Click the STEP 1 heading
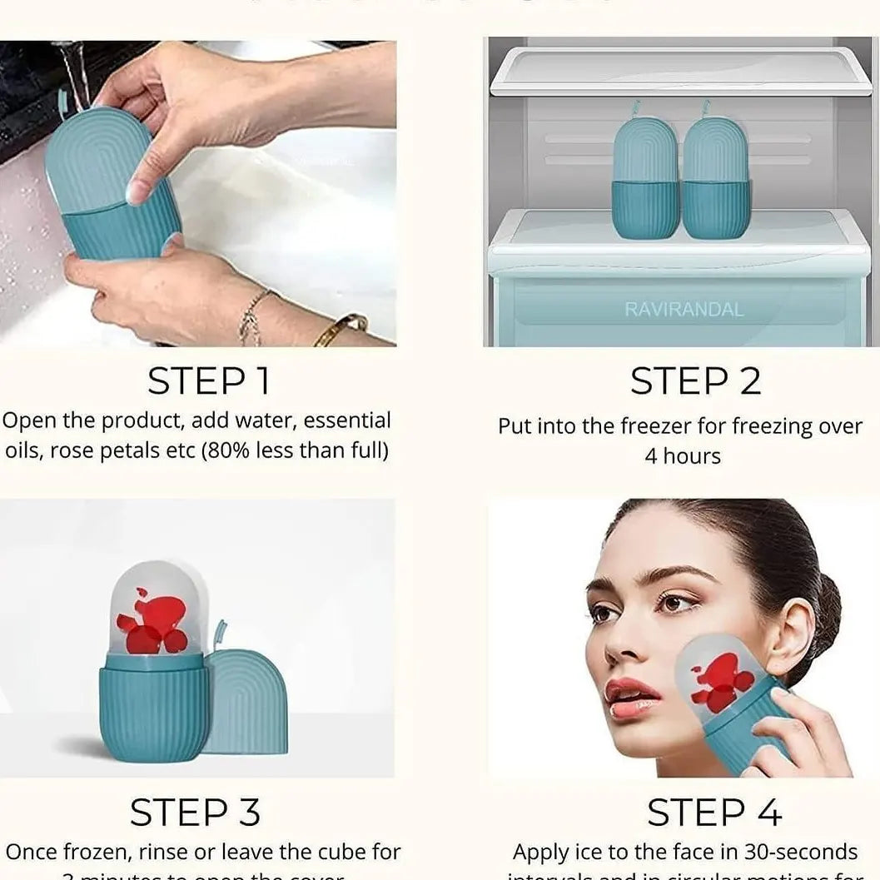pos(209,381)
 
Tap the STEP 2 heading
pos(695,381)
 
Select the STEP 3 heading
pos(195,812)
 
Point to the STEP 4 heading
pos(713,812)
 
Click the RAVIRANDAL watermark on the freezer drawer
pos(684,310)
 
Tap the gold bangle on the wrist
pos(340,328)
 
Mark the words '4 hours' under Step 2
pos(683,456)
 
